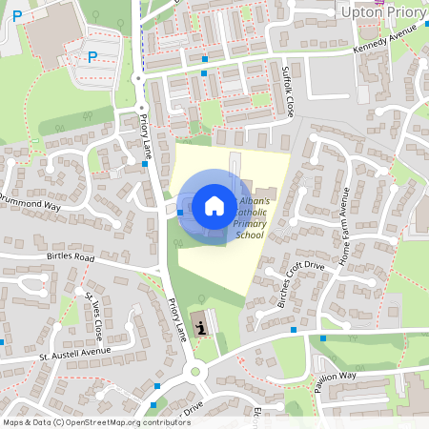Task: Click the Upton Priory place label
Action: (380, 11)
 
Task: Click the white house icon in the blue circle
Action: (214, 205)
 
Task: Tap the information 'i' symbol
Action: (201, 328)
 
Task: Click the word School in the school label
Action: (249, 235)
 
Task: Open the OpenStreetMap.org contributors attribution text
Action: (124, 421)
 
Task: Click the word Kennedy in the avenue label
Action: (373, 47)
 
